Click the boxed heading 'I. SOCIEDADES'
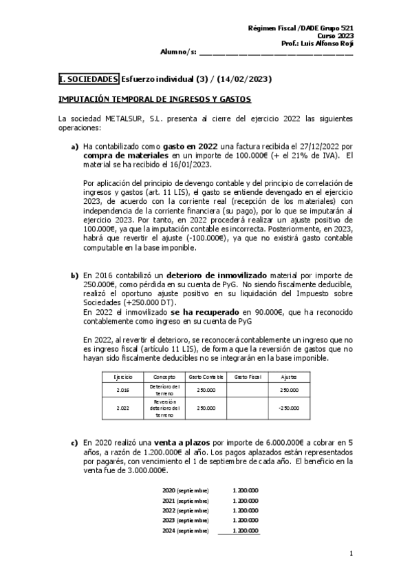89,79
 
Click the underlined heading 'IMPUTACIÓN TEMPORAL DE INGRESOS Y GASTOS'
155,99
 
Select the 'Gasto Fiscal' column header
247,377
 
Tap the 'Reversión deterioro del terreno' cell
164,408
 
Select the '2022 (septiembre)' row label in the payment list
185,510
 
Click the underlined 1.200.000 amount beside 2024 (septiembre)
246,531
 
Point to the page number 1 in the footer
351,553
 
